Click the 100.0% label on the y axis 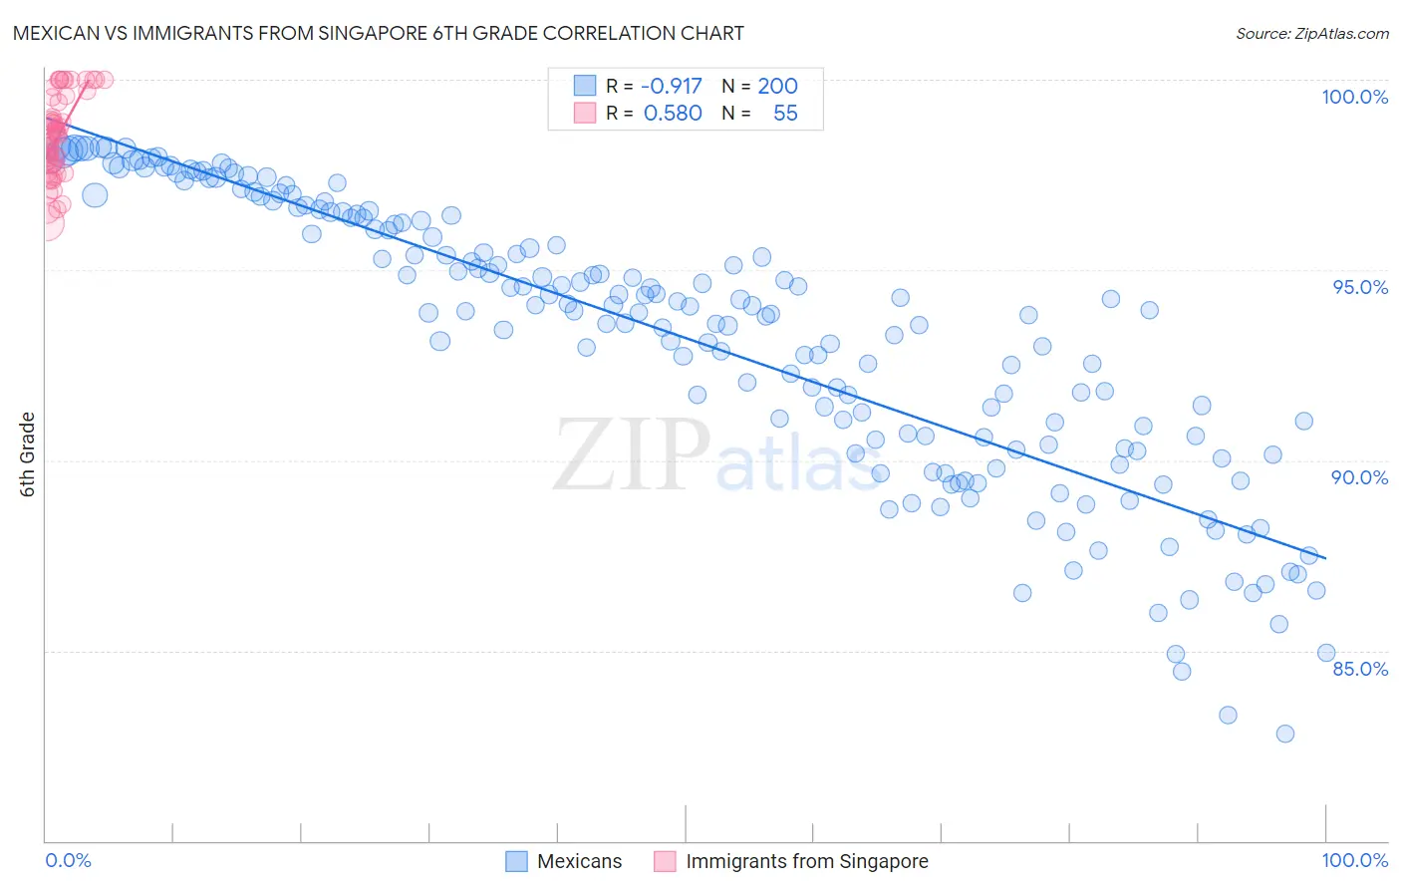click(x=1354, y=97)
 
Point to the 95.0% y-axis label click(x=1360, y=287)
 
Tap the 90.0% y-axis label click(x=1359, y=477)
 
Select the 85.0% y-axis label click(x=1360, y=669)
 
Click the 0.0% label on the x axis click(x=68, y=860)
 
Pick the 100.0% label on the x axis click(x=1354, y=860)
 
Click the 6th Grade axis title click(x=28, y=453)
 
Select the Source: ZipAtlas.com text click(x=1311, y=33)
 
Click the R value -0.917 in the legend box click(x=671, y=86)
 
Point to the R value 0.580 click(x=673, y=114)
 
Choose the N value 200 click(x=777, y=86)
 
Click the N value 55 click(x=785, y=114)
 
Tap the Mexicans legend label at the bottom click(x=579, y=861)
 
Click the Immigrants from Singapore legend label click(x=807, y=861)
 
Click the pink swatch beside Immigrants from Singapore click(x=665, y=861)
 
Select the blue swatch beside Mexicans click(x=516, y=861)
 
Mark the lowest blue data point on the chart click(x=1284, y=734)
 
